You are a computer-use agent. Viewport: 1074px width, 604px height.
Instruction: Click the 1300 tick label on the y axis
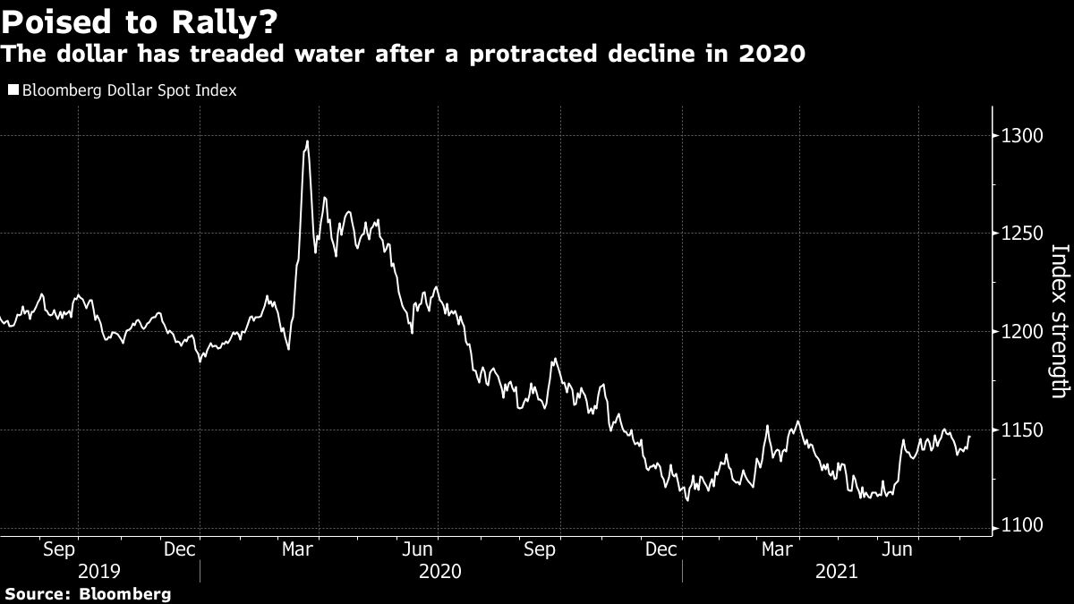pyautogui.click(x=1023, y=136)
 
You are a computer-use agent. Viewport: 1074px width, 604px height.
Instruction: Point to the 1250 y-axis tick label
pyautogui.click(x=1023, y=234)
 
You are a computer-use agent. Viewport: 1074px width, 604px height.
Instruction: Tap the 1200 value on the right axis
pyautogui.click(x=1023, y=332)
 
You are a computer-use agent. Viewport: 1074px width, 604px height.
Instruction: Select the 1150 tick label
pyautogui.click(x=1023, y=430)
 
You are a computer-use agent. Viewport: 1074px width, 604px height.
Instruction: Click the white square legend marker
pyautogui.click(x=12, y=90)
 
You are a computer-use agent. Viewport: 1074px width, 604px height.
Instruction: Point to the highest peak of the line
pyautogui.click(x=307, y=141)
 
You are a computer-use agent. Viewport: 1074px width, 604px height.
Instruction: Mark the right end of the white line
pyautogui.click(x=969, y=437)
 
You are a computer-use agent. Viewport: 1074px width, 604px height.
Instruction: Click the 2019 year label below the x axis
pyautogui.click(x=100, y=571)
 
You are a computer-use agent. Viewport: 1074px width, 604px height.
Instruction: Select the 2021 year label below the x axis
pyautogui.click(x=834, y=571)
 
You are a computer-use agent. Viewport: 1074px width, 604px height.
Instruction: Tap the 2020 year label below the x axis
pyautogui.click(x=439, y=571)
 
